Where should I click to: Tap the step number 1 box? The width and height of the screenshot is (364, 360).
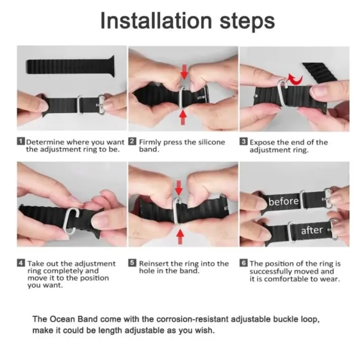click(x=21, y=142)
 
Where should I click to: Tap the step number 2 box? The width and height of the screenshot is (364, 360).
click(x=132, y=142)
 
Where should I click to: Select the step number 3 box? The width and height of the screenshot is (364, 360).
click(x=244, y=142)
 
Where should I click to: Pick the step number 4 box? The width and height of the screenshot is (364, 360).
click(x=21, y=263)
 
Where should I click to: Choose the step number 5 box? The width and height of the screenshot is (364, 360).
click(x=132, y=263)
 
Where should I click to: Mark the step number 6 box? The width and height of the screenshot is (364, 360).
click(x=244, y=263)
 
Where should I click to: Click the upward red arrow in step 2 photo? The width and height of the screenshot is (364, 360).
click(x=184, y=116)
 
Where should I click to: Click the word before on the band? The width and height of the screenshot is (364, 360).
click(x=284, y=202)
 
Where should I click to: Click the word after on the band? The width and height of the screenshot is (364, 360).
click(x=312, y=230)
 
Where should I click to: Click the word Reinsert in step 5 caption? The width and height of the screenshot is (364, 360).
click(x=154, y=263)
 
